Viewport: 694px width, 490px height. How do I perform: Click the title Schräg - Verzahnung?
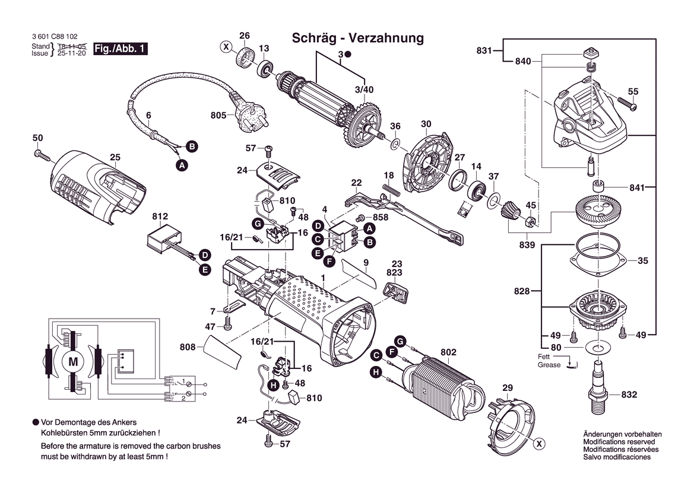point(358,39)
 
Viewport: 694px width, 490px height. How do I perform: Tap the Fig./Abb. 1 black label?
point(120,49)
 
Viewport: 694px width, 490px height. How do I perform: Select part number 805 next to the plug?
point(218,115)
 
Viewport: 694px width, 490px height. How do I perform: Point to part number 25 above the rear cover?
point(115,157)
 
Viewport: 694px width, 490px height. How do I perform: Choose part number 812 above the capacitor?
point(160,217)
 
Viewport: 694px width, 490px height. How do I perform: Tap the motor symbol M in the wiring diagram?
point(74,361)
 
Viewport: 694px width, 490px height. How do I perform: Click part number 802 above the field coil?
point(448,352)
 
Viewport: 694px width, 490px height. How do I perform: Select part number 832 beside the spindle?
point(629,394)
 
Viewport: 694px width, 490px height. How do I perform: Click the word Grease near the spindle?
point(549,365)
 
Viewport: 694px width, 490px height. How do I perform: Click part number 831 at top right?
point(484,51)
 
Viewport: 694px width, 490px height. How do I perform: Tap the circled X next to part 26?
point(226,46)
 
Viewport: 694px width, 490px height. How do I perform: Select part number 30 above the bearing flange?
point(426,124)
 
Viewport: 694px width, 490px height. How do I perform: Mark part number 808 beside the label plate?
point(188,346)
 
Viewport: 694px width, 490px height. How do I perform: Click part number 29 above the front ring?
point(507,388)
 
